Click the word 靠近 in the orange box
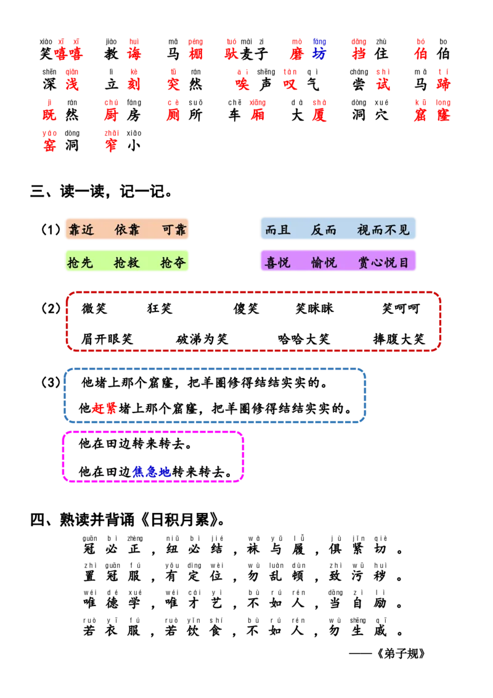point(81,230)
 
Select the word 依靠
point(127,230)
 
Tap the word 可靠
point(174,230)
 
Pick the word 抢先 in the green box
point(80,263)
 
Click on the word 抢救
point(127,263)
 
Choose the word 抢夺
point(173,263)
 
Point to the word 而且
point(277,230)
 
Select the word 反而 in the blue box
point(324,230)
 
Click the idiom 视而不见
point(383,230)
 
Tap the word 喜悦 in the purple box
point(277,263)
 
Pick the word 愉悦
point(324,263)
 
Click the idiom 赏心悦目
point(383,263)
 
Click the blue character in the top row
point(319,53)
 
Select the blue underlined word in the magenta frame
point(152,472)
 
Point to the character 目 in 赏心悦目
point(404,263)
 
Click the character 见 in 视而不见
point(404,230)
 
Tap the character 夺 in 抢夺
point(179,263)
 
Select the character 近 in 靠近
point(88,230)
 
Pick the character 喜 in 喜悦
point(271,263)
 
